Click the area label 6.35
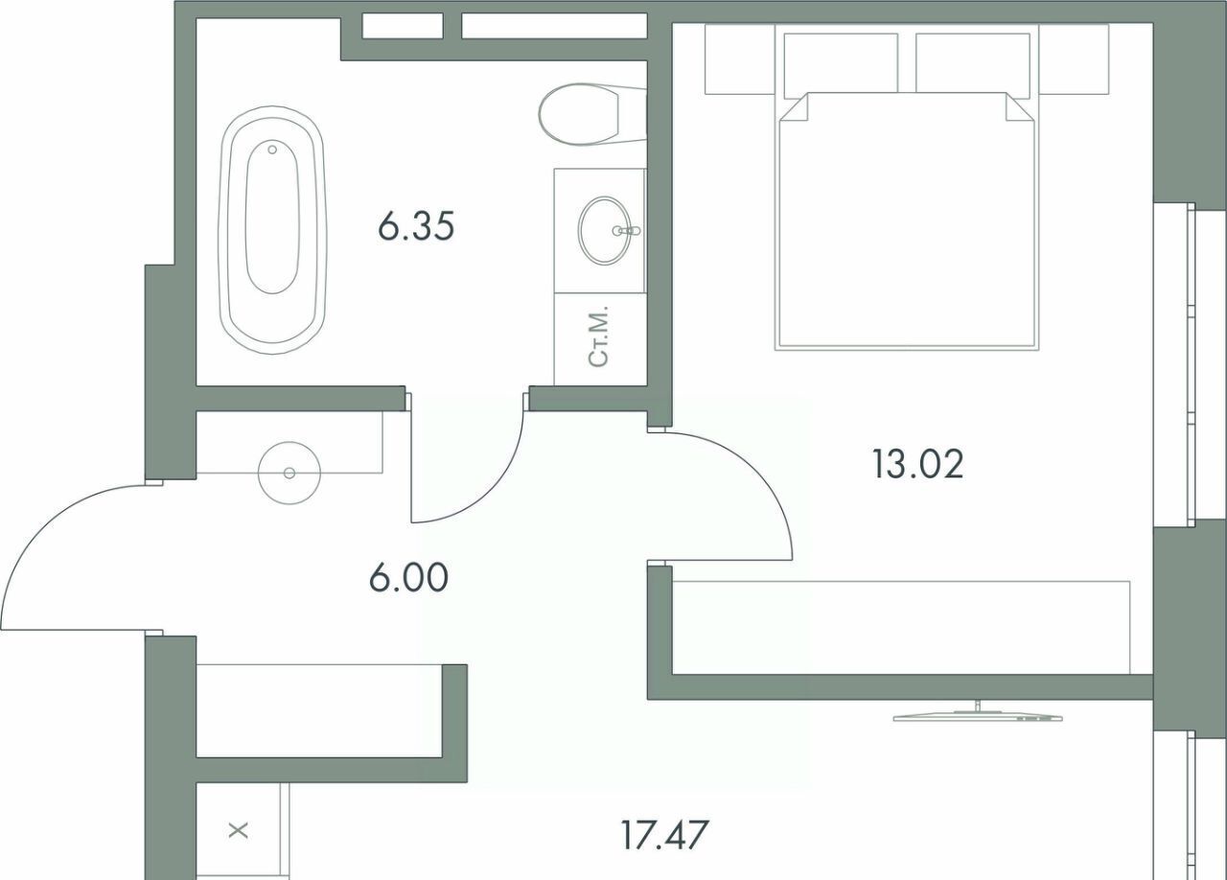(416, 227)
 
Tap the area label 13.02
(917, 464)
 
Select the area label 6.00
(408, 577)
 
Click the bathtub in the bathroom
(273, 230)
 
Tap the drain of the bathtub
(272, 149)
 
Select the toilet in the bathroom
(592, 114)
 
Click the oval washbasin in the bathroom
(604, 230)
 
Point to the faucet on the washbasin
(627, 231)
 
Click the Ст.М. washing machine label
(598, 336)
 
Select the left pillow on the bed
(841, 63)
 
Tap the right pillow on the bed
(973, 63)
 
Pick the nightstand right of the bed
(1075, 59)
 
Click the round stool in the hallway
(289, 473)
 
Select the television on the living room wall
(978, 714)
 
